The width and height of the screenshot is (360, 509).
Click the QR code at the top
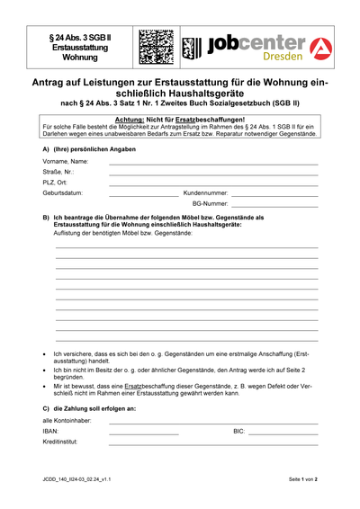(156, 48)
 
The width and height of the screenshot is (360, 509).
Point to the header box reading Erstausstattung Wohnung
(80, 48)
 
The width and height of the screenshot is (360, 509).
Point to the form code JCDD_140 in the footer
(76, 480)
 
